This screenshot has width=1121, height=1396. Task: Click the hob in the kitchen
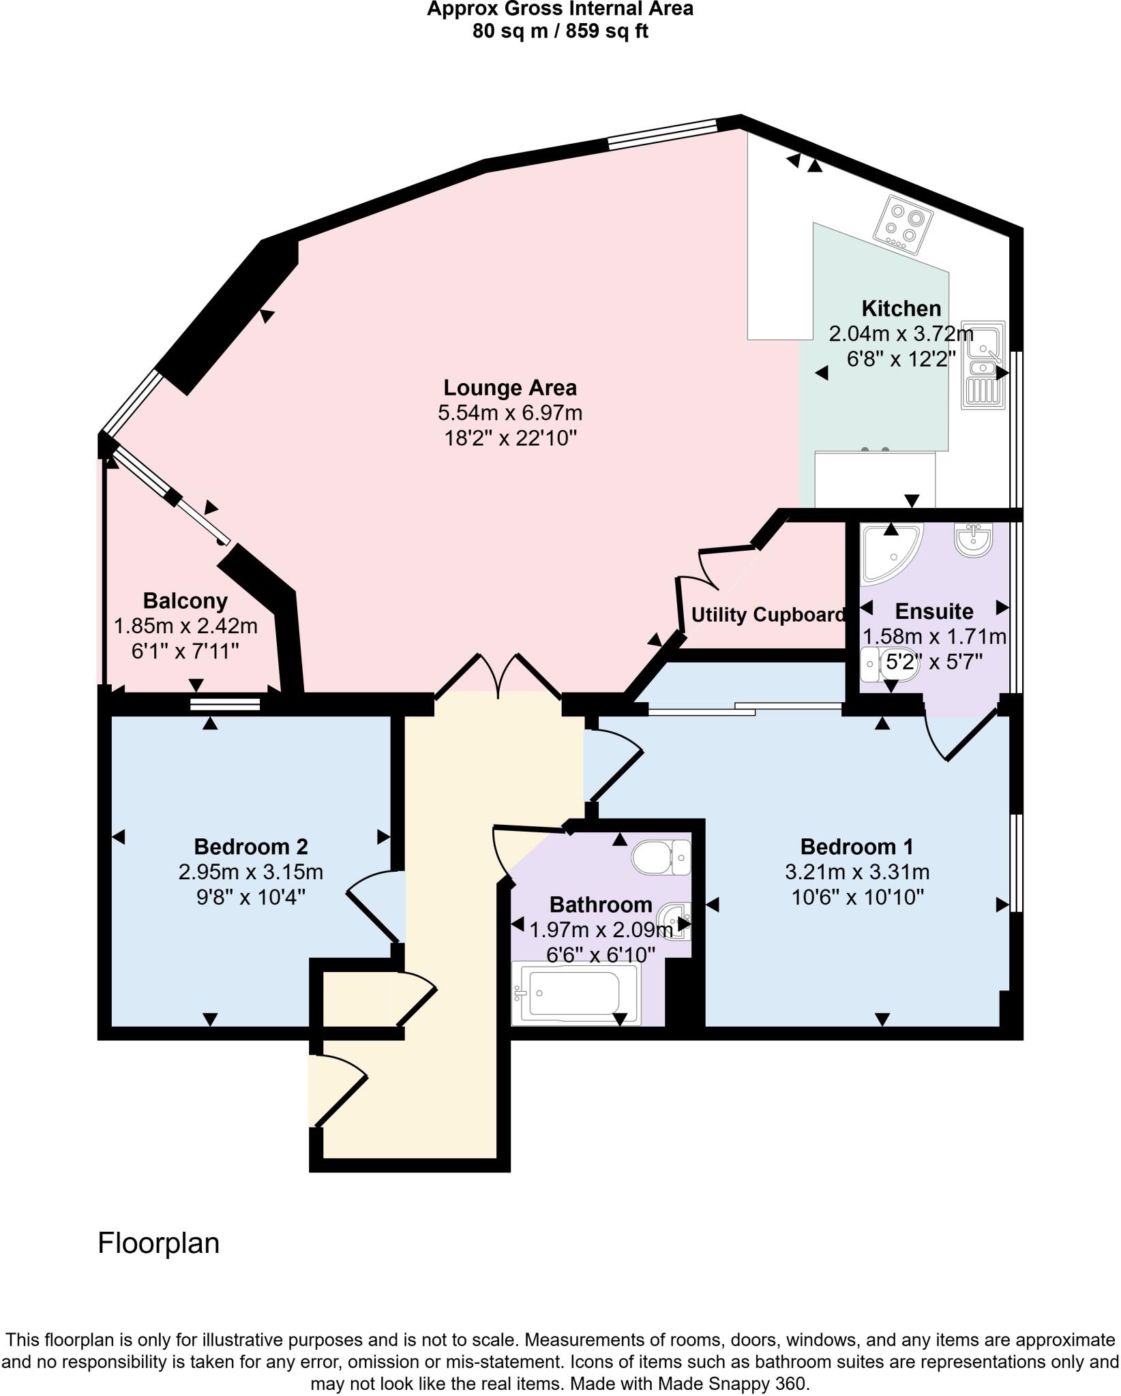(903, 225)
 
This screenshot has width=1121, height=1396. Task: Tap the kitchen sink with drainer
(983, 365)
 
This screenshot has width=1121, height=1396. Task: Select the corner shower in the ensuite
(888, 553)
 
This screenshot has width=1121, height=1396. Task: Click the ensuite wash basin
(974, 540)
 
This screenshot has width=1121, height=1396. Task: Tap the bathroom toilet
(660, 857)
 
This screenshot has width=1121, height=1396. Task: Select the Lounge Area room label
(510, 388)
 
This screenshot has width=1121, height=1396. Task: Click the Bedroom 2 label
(251, 847)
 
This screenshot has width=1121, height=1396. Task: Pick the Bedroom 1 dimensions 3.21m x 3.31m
(857, 872)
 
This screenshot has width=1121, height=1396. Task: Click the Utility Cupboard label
(768, 615)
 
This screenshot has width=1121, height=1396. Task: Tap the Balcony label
(185, 601)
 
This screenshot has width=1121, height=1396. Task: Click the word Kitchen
(901, 309)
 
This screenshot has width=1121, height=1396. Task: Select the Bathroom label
(601, 905)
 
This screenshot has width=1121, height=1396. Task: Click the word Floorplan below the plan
(158, 1244)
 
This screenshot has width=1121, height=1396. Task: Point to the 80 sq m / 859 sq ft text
(560, 31)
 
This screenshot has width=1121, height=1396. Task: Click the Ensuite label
(933, 611)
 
